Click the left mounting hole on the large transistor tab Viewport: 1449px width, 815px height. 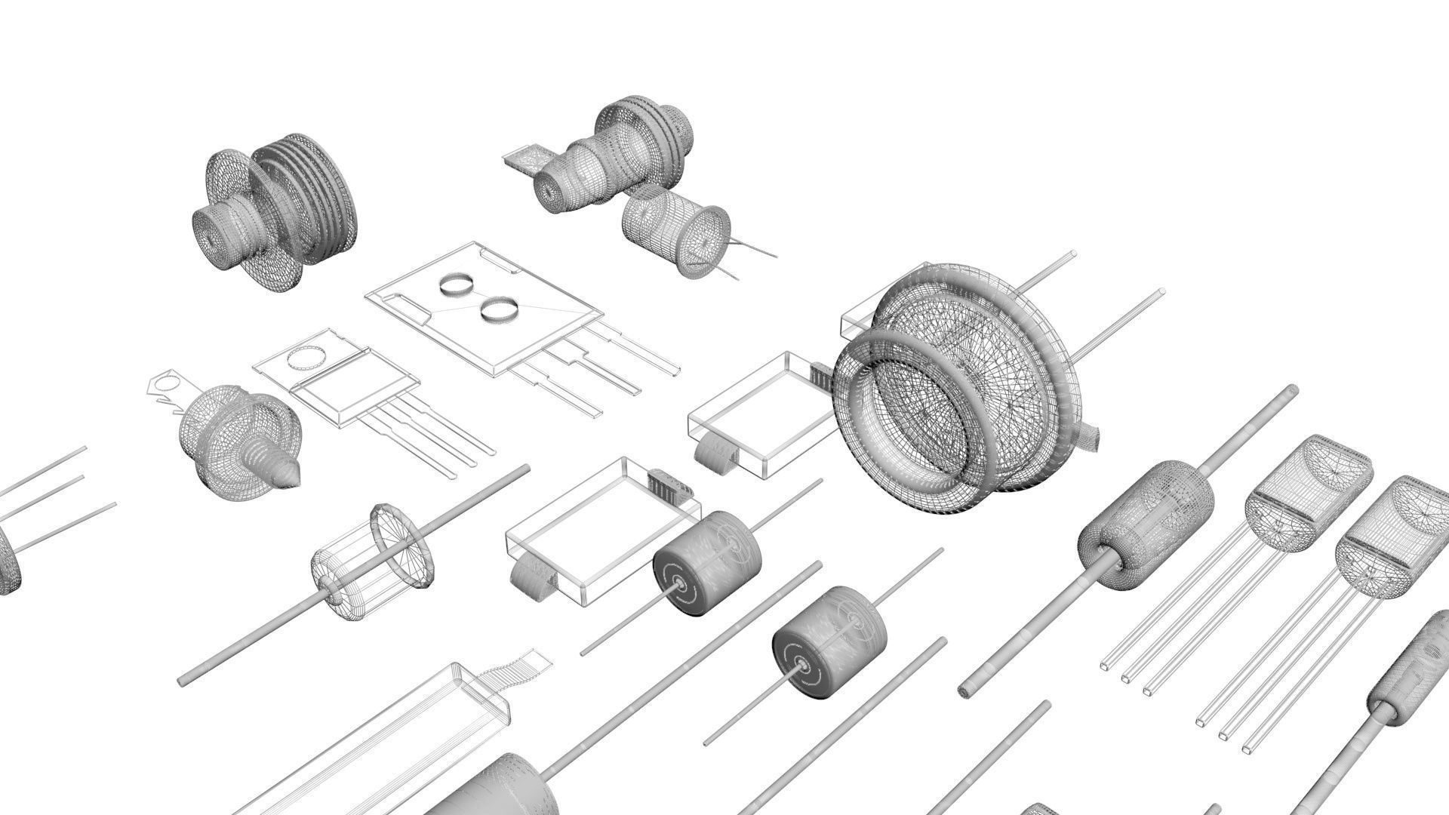pyautogui.click(x=456, y=284)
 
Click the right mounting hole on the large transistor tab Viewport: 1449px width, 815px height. pyautogui.click(x=499, y=309)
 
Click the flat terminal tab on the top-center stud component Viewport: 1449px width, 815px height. pyautogui.click(x=522, y=159)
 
